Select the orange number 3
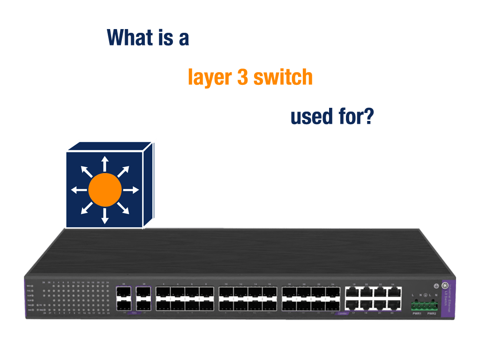242,77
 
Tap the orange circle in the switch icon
105,189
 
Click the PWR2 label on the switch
431,314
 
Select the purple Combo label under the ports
342,314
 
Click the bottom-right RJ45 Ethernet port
395,305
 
